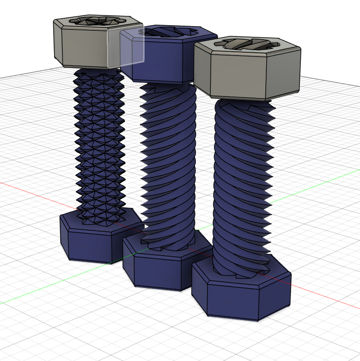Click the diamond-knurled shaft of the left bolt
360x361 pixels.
99,140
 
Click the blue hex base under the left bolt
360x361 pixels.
89,243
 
